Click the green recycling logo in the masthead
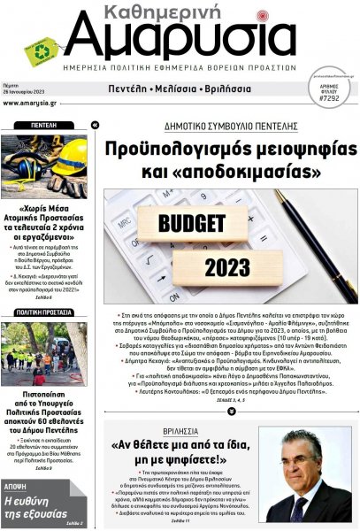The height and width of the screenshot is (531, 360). [x=39, y=50]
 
